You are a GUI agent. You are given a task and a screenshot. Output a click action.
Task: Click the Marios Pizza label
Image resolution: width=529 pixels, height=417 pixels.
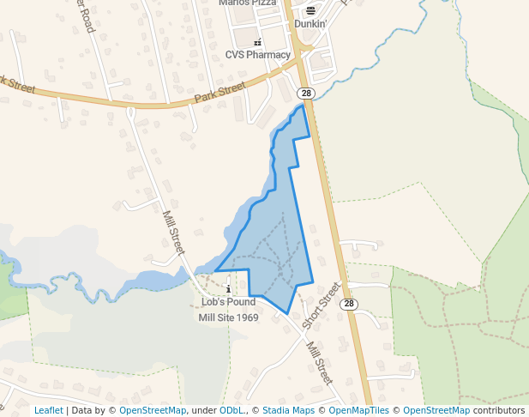pos(247,3)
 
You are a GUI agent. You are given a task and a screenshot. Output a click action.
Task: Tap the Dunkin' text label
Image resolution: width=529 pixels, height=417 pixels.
pos(310,24)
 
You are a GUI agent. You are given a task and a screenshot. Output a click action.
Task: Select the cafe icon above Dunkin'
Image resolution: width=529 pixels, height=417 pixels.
pos(310,10)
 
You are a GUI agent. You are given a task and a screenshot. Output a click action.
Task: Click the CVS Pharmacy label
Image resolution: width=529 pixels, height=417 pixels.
pos(258,55)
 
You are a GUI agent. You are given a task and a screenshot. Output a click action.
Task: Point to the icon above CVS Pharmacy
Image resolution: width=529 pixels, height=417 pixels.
pos(257,42)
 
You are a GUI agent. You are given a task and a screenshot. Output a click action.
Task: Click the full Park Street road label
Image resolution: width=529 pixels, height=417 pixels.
pos(219,93)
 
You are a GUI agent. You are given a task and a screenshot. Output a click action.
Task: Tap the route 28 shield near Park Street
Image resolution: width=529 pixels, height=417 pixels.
pos(305,93)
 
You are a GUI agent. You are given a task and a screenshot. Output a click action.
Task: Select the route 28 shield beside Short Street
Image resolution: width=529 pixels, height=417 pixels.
pos(348,304)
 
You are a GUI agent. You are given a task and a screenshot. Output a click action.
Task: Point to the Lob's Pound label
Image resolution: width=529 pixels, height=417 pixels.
pos(228,302)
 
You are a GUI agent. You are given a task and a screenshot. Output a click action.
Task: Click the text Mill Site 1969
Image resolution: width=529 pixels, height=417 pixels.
pos(228,317)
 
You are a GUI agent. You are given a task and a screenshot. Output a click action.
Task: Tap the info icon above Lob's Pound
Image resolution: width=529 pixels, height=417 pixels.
pos(228,289)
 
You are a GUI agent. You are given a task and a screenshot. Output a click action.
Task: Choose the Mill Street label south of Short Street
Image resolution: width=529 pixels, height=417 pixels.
pos(319,361)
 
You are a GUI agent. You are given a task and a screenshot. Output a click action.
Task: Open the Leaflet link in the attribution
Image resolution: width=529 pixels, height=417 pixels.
pos(48,411)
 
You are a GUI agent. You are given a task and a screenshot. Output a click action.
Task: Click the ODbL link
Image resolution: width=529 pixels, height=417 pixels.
pos(231,411)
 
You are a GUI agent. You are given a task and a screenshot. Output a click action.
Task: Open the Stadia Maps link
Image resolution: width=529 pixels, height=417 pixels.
pos(288,411)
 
